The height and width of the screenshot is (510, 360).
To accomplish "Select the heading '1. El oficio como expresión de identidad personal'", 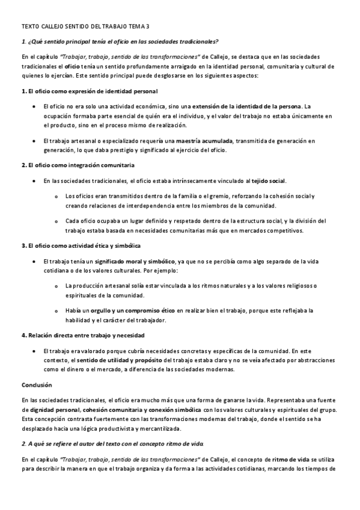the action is coord(89,91).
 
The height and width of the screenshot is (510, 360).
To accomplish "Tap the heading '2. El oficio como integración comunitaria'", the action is coord(78,164).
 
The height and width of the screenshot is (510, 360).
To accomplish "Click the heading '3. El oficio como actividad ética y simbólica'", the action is coord(81,245).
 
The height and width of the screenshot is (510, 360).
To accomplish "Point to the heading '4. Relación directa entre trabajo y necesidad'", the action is coord(82,334).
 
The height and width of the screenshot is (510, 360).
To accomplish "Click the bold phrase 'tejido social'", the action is coord(269,180).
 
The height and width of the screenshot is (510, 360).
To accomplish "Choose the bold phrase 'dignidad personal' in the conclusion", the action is coord(55,410).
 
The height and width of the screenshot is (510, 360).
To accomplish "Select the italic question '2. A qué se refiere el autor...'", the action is coord(112,443).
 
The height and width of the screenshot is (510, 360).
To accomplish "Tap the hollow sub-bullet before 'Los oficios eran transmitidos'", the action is coord(56,197).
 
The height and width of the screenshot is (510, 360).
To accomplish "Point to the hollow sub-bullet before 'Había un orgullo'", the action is coord(56,310).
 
